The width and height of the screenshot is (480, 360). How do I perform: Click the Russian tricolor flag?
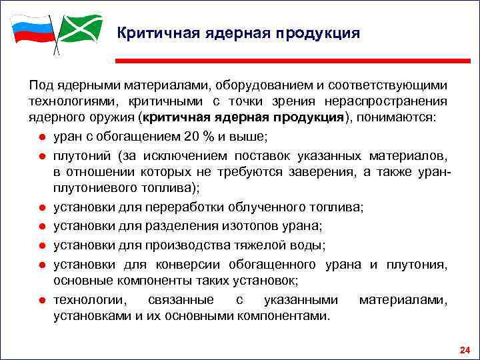[x=32, y=30]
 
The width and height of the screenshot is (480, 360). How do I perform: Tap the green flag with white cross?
[x=80, y=29]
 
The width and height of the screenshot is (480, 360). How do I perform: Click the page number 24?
[x=465, y=350]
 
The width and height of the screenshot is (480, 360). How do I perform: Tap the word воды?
[x=309, y=246]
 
